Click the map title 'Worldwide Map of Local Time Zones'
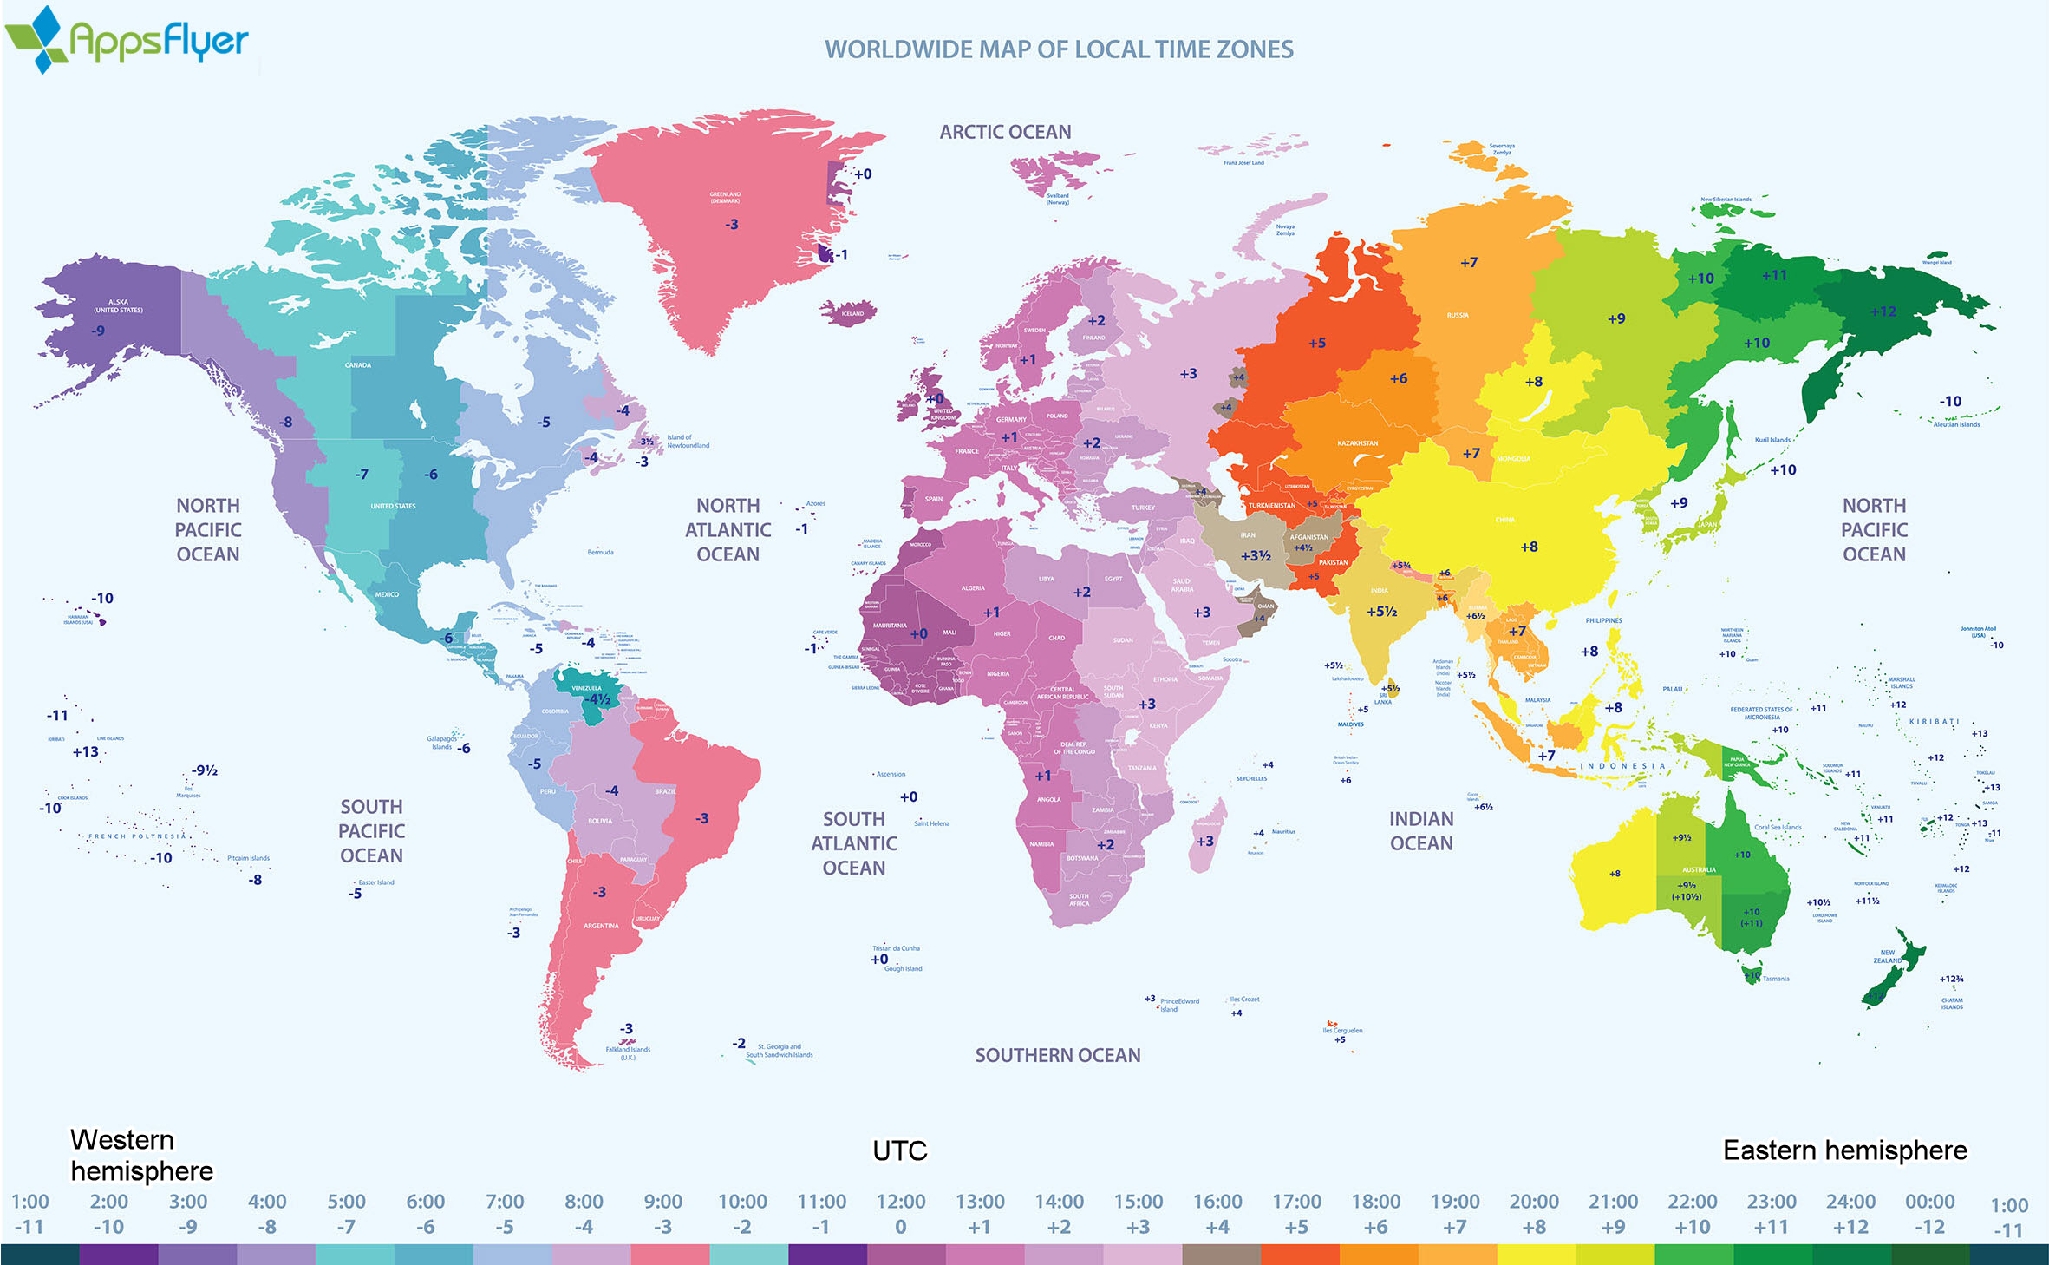pyautogui.click(x=1058, y=49)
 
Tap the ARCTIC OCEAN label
pyautogui.click(x=1005, y=132)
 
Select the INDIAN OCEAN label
pyautogui.click(x=1420, y=831)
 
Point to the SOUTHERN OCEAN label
pyautogui.click(x=1057, y=1055)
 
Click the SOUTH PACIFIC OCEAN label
pyautogui.click(x=371, y=831)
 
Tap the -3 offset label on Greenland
pyautogui.click(x=732, y=225)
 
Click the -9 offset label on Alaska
pyautogui.click(x=99, y=331)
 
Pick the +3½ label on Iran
pyautogui.click(x=1256, y=556)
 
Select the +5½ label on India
pyautogui.click(x=1381, y=612)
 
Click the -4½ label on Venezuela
pyautogui.click(x=597, y=699)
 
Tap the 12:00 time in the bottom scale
pyautogui.click(x=900, y=1202)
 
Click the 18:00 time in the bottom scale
pyautogui.click(x=1375, y=1202)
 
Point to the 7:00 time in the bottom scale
pyautogui.click(x=504, y=1202)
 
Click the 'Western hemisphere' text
pyautogui.click(x=140, y=1155)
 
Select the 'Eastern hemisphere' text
pyautogui.click(x=1844, y=1150)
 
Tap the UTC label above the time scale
pyautogui.click(x=899, y=1150)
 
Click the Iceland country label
pyautogui.click(x=852, y=314)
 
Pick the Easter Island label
pyautogui.click(x=376, y=882)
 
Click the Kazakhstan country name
pyautogui.click(x=1357, y=443)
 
